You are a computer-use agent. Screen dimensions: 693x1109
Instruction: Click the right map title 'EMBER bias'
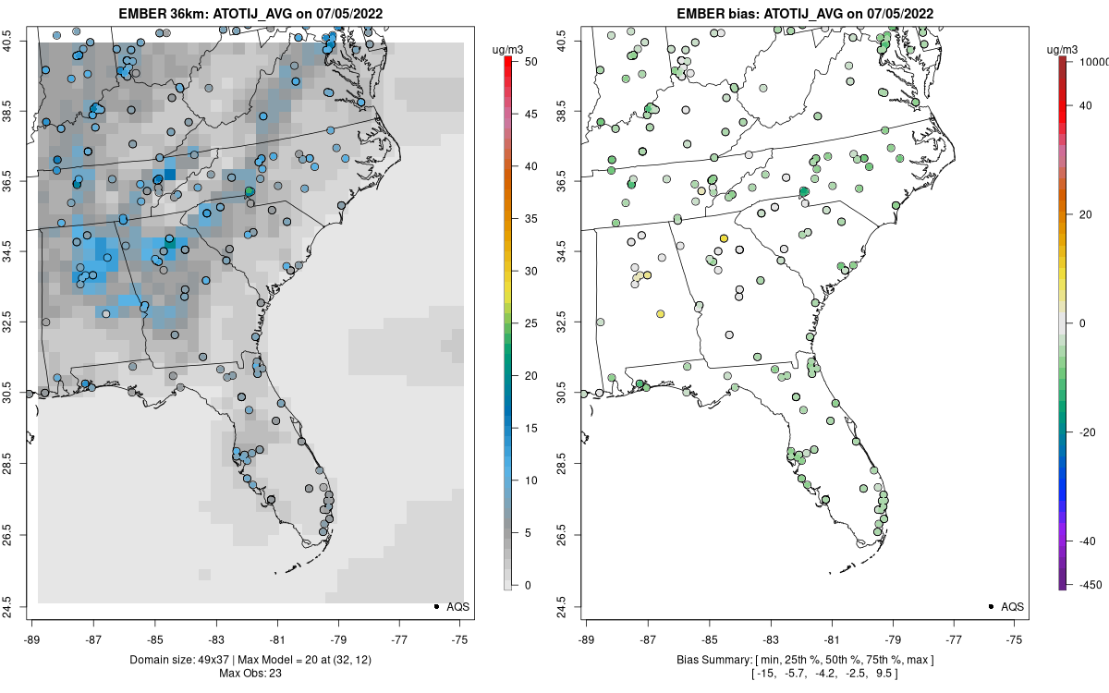(711, 14)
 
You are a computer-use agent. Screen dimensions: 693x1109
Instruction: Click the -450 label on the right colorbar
(1086, 585)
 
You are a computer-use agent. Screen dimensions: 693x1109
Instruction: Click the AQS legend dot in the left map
(435, 606)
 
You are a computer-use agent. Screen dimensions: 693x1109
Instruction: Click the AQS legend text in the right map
(1013, 606)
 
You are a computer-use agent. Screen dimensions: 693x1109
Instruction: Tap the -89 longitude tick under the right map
(586, 638)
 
